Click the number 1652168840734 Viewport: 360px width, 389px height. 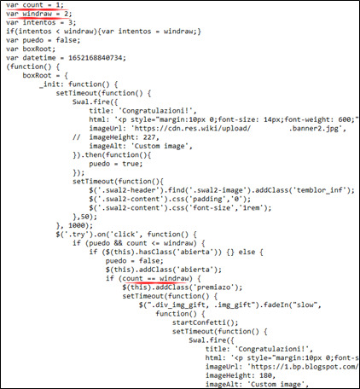pyautogui.click(x=96, y=58)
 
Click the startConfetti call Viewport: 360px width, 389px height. pyautogui.click(x=205, y=322)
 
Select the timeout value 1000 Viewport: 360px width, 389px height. pyautogui.click(x=77, y=225)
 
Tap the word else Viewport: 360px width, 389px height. pyautogui.click(x=247, y=252)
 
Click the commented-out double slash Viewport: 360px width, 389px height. pyautogui.click(x=77, y=137)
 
